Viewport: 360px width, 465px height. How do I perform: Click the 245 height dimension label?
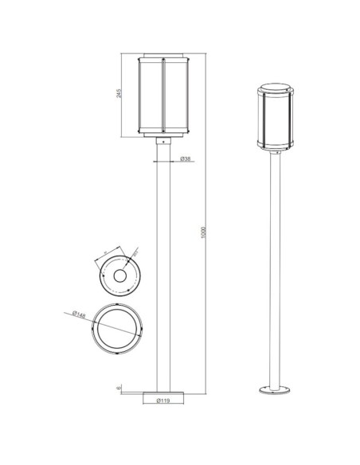pos(119,94)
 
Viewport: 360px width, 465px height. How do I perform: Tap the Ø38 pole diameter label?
pos(184,159)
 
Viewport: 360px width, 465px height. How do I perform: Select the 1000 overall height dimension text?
pos(205,231)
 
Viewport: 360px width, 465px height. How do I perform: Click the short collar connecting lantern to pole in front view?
pos(164,141)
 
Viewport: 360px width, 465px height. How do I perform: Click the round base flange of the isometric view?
pos(276,390)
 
